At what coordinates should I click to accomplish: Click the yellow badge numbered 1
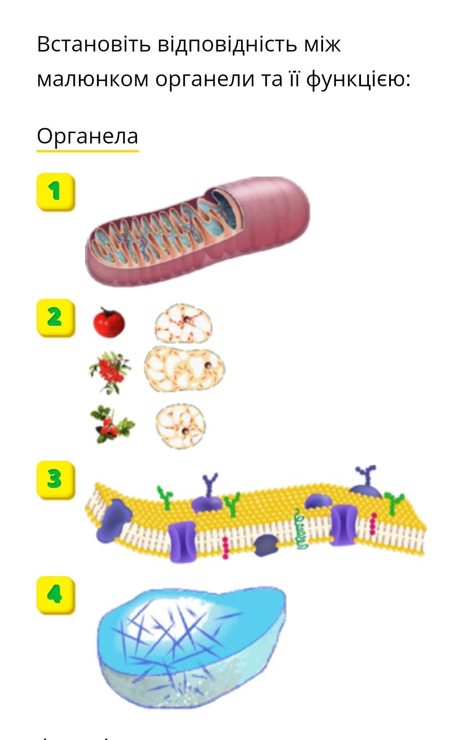pyautogui.click(x=55, y=191)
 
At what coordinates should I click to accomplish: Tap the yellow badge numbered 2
pyautogui.click(x=55, y=317)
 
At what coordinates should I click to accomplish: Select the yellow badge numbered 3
pyautogui.click(x=55, y=479)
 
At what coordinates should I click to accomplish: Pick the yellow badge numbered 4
pyautogui.click(x=55, y=595)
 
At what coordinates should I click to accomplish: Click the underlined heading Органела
pyautogui.click(x=87, y=136)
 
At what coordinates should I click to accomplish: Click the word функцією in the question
pyautogui.click(x=358, y=80)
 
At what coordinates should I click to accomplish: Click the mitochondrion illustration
pyautogui.click(x=197, y=231)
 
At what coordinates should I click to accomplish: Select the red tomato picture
pyautogui.click(x=109, y=323)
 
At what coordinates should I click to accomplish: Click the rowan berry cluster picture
pyautogui.click(x=110, y=371)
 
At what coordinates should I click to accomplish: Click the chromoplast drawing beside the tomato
pyautogui.click(x=183, y=323)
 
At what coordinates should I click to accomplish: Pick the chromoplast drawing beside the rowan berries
pyautogui.click(x=184, y=369)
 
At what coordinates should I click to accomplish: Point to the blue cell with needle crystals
pyautogui.click(x=191, y=647)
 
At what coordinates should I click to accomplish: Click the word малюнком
pyautogui.click(x=93, y=80)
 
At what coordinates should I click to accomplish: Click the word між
pyautogui.click(x=322, y=44)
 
